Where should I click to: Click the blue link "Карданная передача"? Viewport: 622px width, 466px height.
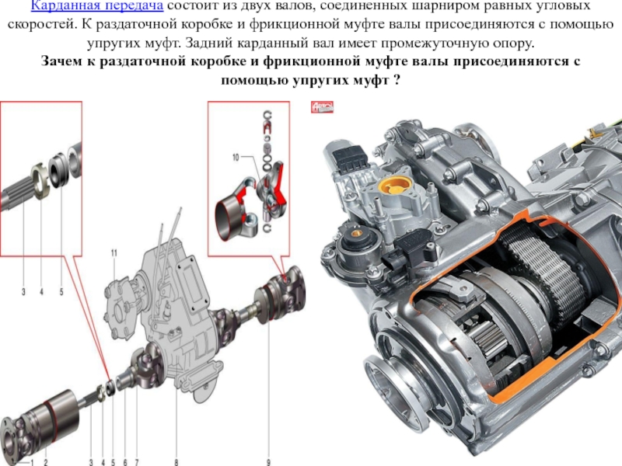coord(97,5)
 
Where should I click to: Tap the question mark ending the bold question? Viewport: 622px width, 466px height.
coord(396,81)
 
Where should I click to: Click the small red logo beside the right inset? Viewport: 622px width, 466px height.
coord(322,107)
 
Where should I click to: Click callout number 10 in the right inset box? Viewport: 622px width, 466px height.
coord(236,158)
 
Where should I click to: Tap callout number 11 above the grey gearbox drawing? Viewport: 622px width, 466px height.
coord(114,253)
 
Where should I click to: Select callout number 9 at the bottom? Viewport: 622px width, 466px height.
coord(268,462)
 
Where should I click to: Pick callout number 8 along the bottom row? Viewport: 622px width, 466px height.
coord(176,462)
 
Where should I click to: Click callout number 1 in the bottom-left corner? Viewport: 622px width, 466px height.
coord(33,462)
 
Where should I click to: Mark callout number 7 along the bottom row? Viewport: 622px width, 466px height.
coord(137,462)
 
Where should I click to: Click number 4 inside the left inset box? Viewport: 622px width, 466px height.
coord(42,292)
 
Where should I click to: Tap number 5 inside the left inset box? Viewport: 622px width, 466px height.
coord(61,292)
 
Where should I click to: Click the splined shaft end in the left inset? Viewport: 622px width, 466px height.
coord(16,193)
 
